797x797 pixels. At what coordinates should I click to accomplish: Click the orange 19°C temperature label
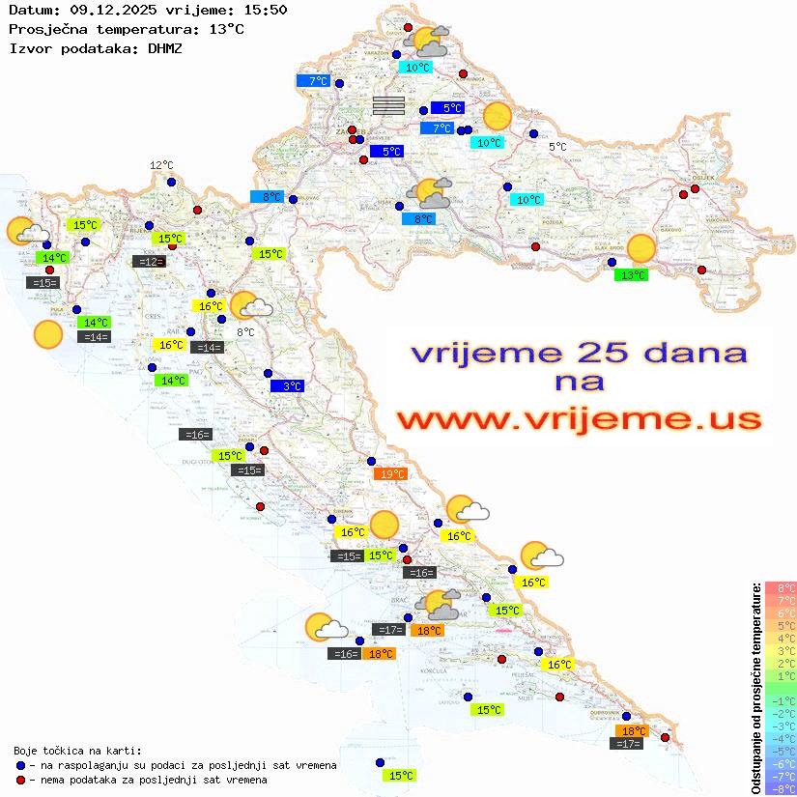tap(391, 474)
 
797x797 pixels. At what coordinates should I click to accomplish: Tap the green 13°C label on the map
tap(631, 275)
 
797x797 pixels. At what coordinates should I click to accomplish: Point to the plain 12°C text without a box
tap(160, 166)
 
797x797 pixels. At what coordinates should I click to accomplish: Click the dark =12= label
tap(148, 262)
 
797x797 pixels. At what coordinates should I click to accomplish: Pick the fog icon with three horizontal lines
tap(388, 105)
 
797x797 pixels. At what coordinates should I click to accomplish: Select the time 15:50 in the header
tap(267, 10)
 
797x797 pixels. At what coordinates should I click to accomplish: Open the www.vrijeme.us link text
tap(578, 419)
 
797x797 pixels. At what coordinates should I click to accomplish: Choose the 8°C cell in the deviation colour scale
tap(780, 588)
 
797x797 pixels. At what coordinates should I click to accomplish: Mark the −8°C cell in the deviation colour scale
tap(780, 789)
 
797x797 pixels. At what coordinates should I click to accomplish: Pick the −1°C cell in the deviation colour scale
tap(780, 700)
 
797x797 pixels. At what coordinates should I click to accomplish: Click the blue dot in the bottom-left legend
tap(20, 765)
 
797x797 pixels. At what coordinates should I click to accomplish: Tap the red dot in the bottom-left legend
tap(20, 780)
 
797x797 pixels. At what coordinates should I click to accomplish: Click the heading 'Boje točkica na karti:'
tap(77, 751)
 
